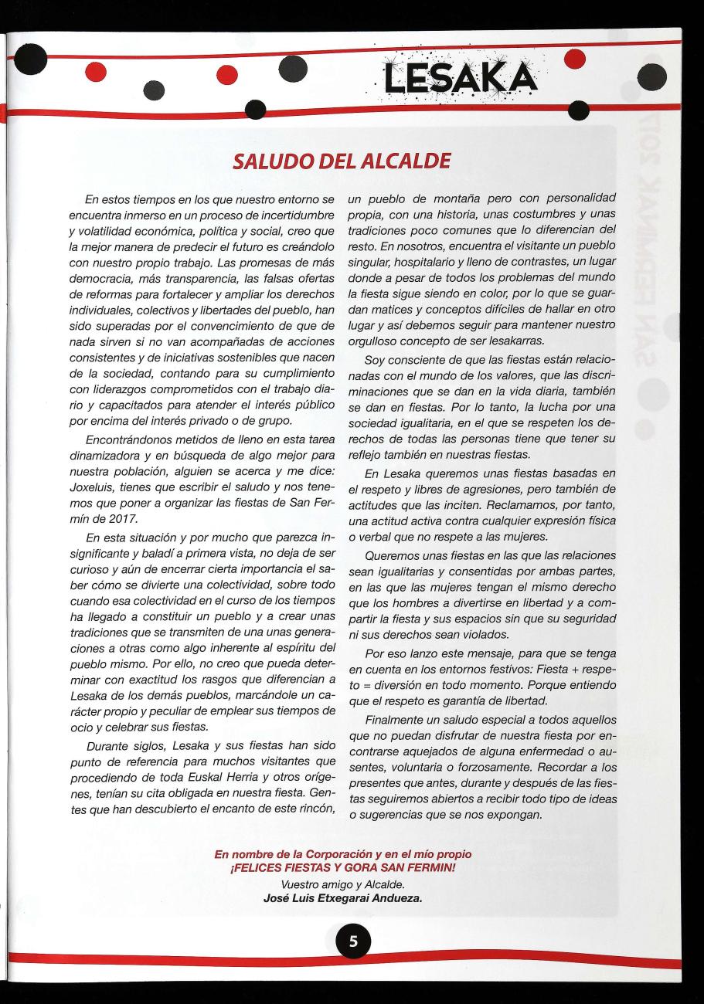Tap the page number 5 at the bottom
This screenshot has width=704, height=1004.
coord(352,941)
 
